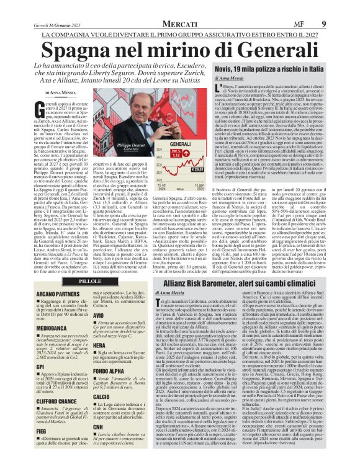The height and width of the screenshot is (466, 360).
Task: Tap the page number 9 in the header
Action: (341, 7)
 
